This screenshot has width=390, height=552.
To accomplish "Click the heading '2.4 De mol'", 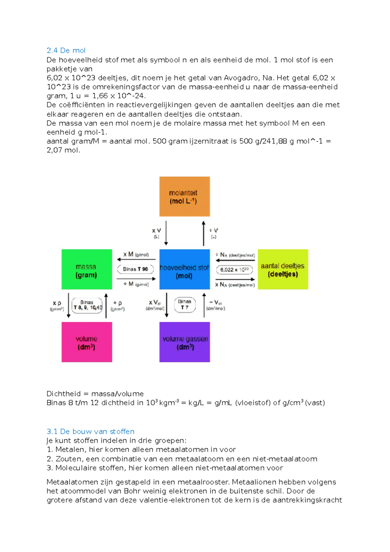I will click(x=66, y=50).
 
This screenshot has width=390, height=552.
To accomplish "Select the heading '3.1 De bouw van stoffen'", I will click(x=90, y=432).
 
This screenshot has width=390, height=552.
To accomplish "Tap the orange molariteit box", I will click(x=184, y=197).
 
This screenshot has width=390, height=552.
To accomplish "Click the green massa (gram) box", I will click(x=87, y=269).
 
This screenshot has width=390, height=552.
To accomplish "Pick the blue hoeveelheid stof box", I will click(x=184, y=269).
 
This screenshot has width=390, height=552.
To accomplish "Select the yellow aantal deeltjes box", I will click(x=283, y=269).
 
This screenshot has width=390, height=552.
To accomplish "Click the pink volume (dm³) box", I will click(x=87, y=342).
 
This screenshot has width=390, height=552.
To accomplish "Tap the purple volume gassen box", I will click(x=184, y=342).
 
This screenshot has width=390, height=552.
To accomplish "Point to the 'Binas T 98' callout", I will click(x=135, y=269).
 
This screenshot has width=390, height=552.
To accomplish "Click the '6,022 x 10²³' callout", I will click(x=234, y=270).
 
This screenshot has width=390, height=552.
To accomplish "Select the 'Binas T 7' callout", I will click(x=185, y=305).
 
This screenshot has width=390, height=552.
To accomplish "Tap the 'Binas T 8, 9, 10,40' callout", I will click(x=87, y=305).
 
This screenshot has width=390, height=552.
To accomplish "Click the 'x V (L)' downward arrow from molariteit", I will click(x=166, y=233).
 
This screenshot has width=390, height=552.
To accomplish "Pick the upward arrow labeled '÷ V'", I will click(x=203, y=233).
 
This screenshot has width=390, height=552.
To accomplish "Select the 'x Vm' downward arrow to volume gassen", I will click(x=167, y=305).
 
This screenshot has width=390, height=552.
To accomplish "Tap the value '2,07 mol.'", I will click(x=63, y=150).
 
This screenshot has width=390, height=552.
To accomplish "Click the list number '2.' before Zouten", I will click(x=50, y=459).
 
